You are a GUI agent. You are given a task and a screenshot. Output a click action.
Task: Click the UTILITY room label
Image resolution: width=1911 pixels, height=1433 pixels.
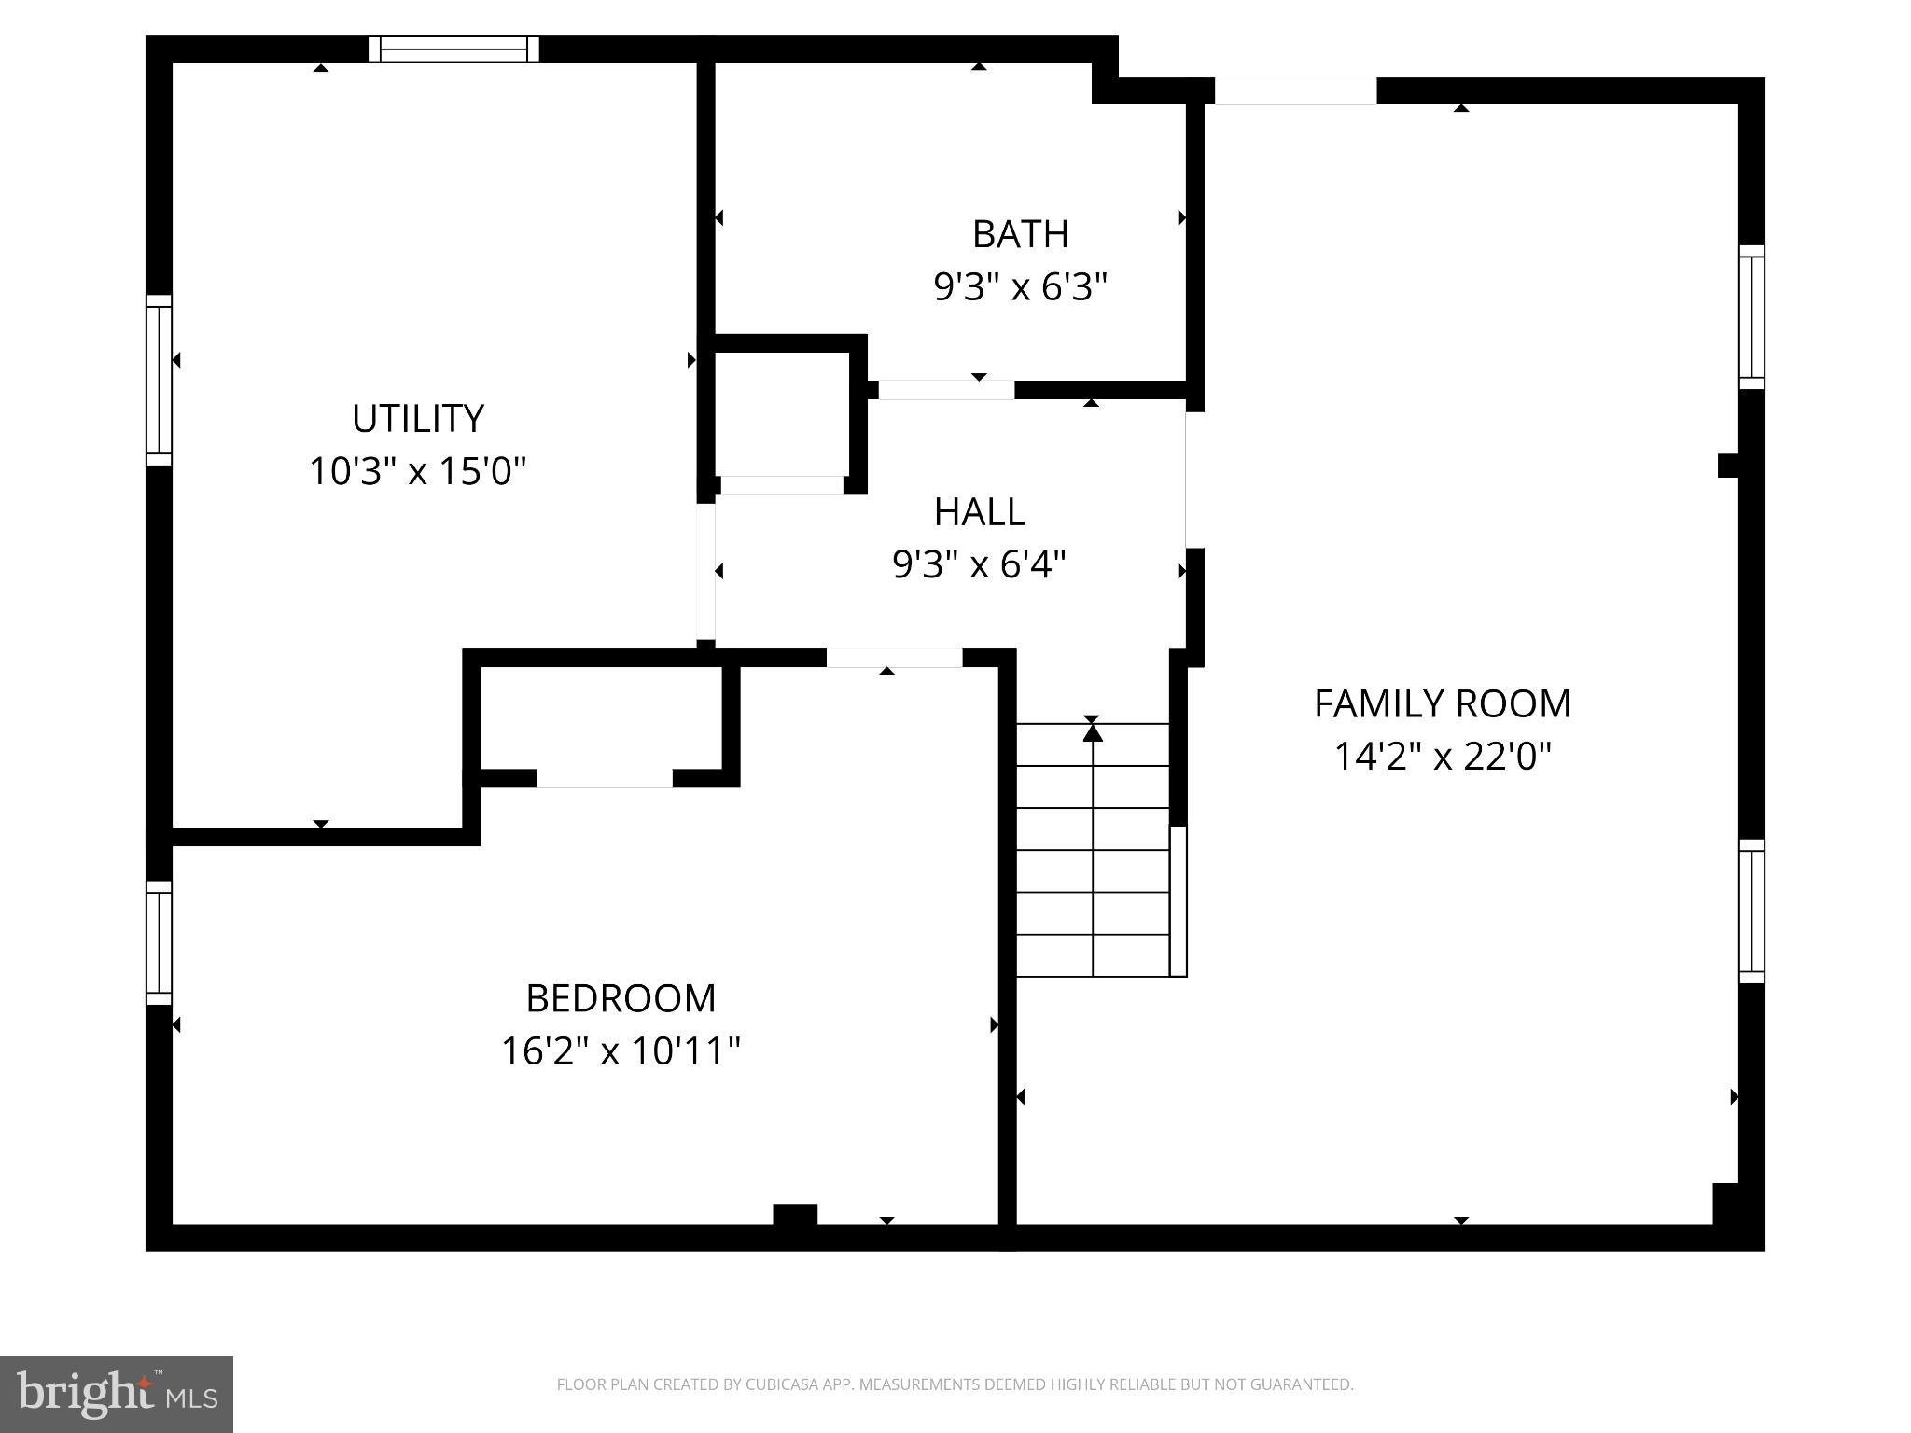(x=417, y=418)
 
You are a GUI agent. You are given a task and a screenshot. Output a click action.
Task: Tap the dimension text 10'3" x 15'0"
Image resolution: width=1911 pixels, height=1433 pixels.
(x=417, y=471)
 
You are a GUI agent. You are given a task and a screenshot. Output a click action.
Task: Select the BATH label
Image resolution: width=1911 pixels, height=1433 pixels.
(x=1020, y=234)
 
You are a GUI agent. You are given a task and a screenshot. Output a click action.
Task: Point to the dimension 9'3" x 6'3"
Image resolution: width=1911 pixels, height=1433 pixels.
(x=1020, y=287)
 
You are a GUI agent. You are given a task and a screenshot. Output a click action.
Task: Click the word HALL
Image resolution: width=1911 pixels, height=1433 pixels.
(x=979, y=512)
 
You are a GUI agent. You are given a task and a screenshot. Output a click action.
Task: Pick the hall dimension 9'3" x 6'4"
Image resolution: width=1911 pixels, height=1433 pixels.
(x=979, y=564)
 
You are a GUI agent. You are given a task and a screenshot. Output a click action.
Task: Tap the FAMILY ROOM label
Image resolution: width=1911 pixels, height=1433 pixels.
(x=1442, y=703)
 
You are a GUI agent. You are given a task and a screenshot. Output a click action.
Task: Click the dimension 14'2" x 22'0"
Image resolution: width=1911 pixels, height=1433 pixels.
(x=1442, y=757)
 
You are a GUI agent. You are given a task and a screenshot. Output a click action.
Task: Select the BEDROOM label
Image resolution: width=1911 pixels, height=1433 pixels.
(x=621, y=998)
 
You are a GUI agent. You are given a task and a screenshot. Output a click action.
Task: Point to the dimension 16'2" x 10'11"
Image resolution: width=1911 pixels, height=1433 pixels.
(x=621, y=1051)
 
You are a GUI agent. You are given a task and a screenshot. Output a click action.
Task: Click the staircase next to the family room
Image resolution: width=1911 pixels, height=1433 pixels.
(x=1092, y=849)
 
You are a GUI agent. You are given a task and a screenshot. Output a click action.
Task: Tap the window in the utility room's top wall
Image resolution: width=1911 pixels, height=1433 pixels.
(x=453, y=49)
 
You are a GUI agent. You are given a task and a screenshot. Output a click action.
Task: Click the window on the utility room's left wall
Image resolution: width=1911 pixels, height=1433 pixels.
(x=160, y=380)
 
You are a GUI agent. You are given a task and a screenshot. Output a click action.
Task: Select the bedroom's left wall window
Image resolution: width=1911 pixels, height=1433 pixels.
(x=160, y=942)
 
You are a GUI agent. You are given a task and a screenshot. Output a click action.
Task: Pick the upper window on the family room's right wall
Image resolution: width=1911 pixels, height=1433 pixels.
(x=1751, y=317)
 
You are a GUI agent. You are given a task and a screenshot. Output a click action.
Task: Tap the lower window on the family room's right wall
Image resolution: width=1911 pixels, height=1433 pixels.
(x=1751, y=911)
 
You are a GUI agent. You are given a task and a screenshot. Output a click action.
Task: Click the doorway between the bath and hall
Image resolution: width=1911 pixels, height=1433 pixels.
(x=946, y=390)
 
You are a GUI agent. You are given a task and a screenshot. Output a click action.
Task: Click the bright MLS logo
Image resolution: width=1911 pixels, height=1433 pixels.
(x=116, y=1394)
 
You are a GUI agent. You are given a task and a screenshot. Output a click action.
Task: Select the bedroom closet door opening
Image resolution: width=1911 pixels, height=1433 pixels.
(x=604, y=778)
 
